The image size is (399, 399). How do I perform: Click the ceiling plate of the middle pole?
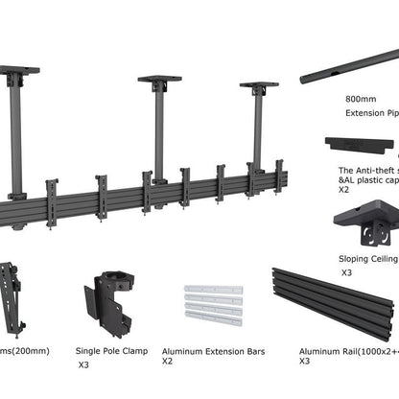pos(159,80)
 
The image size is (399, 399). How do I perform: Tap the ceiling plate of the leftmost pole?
pos(18,70)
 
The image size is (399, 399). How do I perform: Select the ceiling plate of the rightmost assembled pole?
pos(258,85)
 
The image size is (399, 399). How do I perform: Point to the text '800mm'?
pos(360,98)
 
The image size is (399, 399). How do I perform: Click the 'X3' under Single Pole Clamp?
pos(84,365)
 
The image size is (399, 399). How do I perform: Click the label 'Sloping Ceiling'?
pos(368,258)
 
